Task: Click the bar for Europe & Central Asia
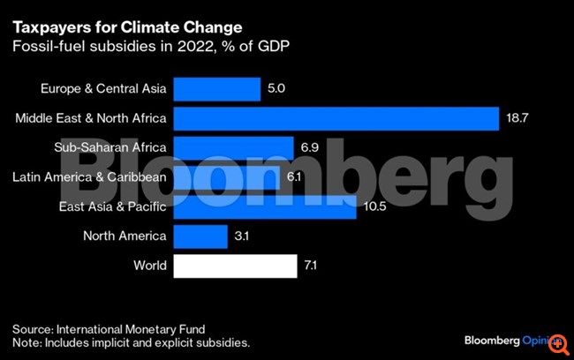click(x=216, y=88)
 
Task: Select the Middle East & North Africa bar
click(x=336, y=118)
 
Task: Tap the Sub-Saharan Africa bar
click(x=233, y=147)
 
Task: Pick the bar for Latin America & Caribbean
click(x=229, y=177)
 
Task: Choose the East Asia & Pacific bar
click(x=265, y=206)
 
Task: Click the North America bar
click(x=200, y=236)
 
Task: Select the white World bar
click(x=235, y=265)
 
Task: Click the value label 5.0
click(x=277, y=88)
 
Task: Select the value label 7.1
click(x=312, y=265)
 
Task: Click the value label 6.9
click(x=310, y=147)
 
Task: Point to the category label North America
click(x=125, y=236)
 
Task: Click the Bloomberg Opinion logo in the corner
click(x=512, y=340)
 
